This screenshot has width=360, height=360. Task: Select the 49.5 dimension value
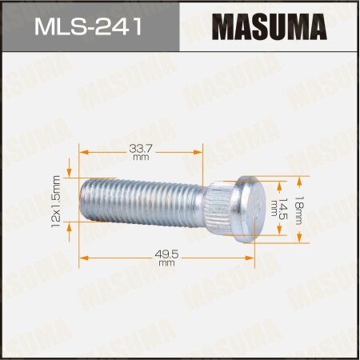pyautogui.click(x=166, y=252)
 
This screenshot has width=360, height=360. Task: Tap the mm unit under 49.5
pyautogui.click(x=166, y=262)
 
